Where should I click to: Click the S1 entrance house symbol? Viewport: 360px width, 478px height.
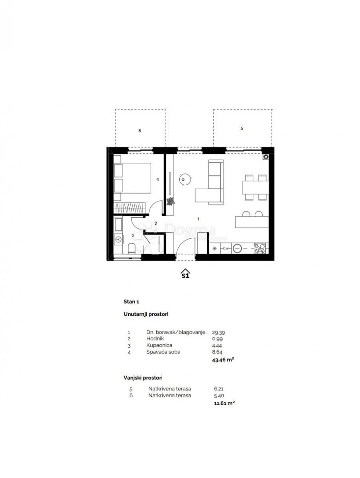pos(185,274)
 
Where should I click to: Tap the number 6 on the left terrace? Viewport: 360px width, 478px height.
pos(140,131)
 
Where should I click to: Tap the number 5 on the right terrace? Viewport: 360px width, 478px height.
pos(242,128)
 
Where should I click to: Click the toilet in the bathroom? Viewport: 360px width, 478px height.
pos(131,249)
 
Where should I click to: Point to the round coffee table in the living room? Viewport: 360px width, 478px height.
pos(185,180)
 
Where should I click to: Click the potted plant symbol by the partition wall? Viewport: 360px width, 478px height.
pos(171,201)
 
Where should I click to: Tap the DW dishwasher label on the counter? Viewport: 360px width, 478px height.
pos(226,249)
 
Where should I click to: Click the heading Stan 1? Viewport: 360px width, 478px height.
pos(132,302)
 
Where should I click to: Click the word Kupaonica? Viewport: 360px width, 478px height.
pos(159,345)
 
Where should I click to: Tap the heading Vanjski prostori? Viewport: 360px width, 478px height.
pos(143,377)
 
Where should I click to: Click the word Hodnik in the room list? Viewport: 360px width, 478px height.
pos(155,338)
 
